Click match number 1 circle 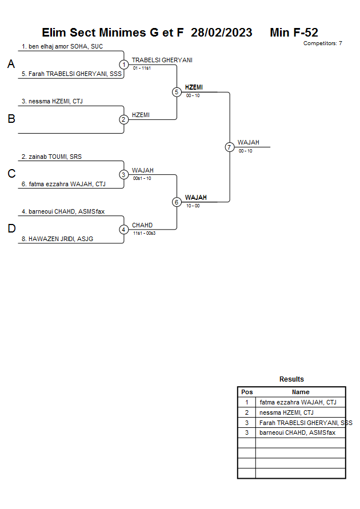click(x=123, y=65)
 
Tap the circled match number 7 click(x=229, y=147)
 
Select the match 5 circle click(x=177, y=92)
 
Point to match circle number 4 click(x=123, y=230)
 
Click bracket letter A click(x=11, y=65)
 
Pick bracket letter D click(x=11, y=229)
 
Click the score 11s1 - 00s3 click(x=144, y=233)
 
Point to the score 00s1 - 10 click(x=142, y=178)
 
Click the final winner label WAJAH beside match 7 click(x=249, y=142)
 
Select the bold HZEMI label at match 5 click(x=194, y=87)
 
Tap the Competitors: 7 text click(x=323, y=43)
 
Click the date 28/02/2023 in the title click(x=222, y=33)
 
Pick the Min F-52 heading click(x=294, y=33)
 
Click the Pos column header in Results click(x=247, y=392)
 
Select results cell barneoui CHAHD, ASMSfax click(x=297, y=433)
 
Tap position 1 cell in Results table click(x=247, y=402)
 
